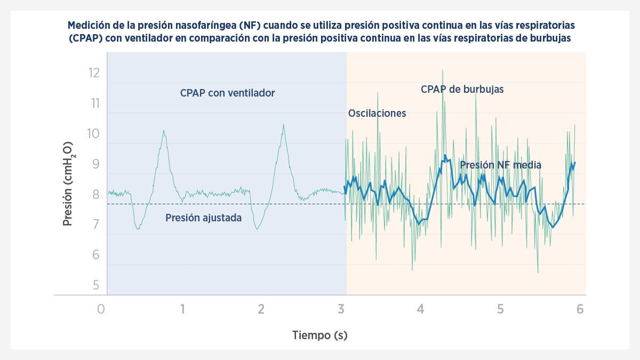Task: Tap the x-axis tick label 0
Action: pyautogui.click(x=101, y=309)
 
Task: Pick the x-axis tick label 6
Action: pyautogui.click(x=580, y=309)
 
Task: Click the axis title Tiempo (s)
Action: pyautogui.click(x=319, y=335)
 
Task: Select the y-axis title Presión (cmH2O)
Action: pyautogui.click(x=68, y=183)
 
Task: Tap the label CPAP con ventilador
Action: pyautogui.click(x=227, y=93)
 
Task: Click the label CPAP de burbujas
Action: pyautogui.click(x=462, y=89)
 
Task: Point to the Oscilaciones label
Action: pyautogui.click(x=377, y=113)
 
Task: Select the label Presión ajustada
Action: pyautogui.click(x=203, y=218)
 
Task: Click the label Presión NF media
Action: pyautogui.click(x=500, y=165)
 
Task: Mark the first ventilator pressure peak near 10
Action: pyautogui.click(x=164, y=131)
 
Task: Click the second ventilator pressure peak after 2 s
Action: pyautogui.click(x=283, y=125)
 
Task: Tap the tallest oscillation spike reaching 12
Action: pyautogui.click(x=442, y=70)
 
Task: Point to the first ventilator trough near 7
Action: pyautogui.click(x=138, y=229)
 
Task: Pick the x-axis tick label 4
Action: pyautogui.click(x=420, y=309)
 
